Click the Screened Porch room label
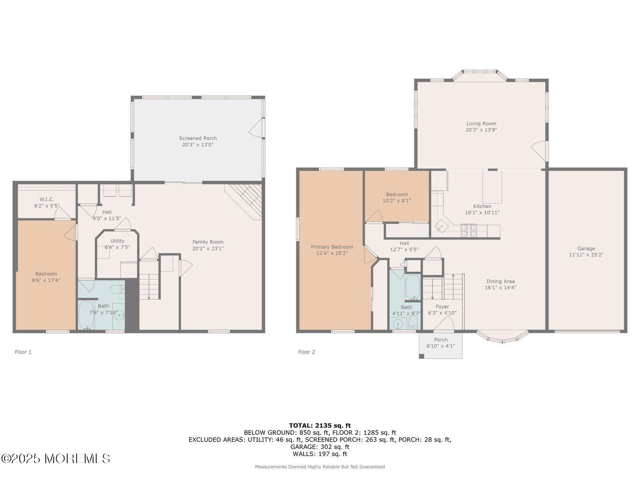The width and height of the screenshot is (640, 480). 198,138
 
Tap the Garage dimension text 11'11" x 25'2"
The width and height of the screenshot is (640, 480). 586,255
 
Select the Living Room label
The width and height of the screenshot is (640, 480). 481,124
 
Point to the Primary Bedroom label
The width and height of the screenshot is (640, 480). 332,247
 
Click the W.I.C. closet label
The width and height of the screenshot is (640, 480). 47,199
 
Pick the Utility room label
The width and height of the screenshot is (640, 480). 117,241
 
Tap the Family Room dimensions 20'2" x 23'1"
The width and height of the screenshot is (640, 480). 208,248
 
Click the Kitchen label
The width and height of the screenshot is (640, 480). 482,206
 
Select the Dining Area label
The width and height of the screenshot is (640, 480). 500,281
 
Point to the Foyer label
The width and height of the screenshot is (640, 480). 442,306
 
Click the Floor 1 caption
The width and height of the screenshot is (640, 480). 23,352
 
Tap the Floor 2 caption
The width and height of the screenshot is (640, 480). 306,352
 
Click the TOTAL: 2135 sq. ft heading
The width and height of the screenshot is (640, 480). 320,426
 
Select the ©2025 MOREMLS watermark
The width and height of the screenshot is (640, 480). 55,459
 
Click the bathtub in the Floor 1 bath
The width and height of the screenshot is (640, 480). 86,315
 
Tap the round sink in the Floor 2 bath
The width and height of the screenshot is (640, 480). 398,324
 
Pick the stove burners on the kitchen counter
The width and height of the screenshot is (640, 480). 468,230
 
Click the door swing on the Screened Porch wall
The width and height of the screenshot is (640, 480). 256,128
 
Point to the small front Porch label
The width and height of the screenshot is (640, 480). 440,340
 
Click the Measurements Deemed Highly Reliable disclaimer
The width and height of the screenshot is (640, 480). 320,466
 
